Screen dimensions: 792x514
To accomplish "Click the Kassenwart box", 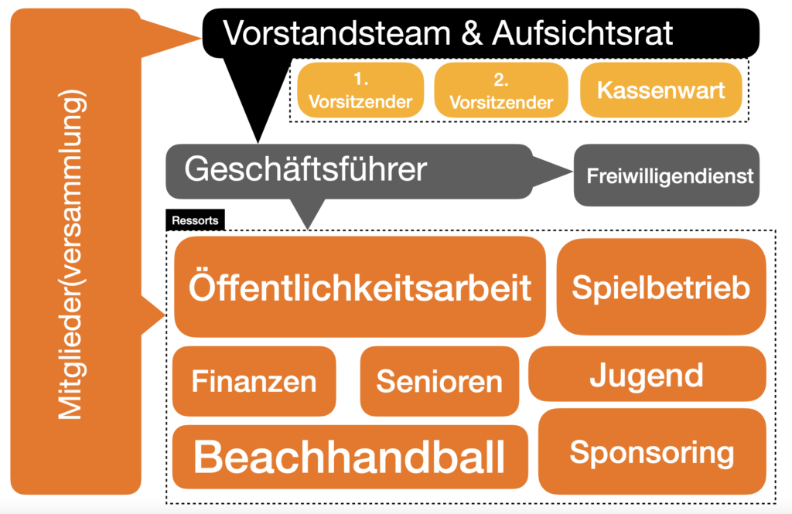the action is [661, 90].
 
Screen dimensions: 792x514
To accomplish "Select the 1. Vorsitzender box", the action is [360, 90].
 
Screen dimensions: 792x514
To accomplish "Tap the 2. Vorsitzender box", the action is [501, 90].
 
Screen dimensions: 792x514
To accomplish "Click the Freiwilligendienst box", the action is [666, 175].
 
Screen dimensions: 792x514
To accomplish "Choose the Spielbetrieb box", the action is [661, 287].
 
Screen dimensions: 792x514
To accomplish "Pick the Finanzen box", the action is [254, 381].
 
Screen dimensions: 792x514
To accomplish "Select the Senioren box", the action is [439, 381].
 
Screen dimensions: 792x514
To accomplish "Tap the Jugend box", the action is [647, 373].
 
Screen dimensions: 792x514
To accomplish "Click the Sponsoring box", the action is [652, 451].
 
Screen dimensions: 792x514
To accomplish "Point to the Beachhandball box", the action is [350, 457].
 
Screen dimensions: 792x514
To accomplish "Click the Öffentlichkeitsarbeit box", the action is [360, 287].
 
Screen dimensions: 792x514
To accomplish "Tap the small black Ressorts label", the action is [195, 220].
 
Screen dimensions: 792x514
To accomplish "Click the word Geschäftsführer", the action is [306, 168].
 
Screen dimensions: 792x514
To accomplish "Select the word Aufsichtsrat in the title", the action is [582, 33].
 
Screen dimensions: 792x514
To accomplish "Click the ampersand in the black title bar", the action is [472, 33].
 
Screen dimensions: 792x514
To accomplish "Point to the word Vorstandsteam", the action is [337, 33].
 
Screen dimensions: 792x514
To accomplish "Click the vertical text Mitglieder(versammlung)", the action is [71, 254].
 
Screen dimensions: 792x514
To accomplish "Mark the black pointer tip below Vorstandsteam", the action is [258, 142].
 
